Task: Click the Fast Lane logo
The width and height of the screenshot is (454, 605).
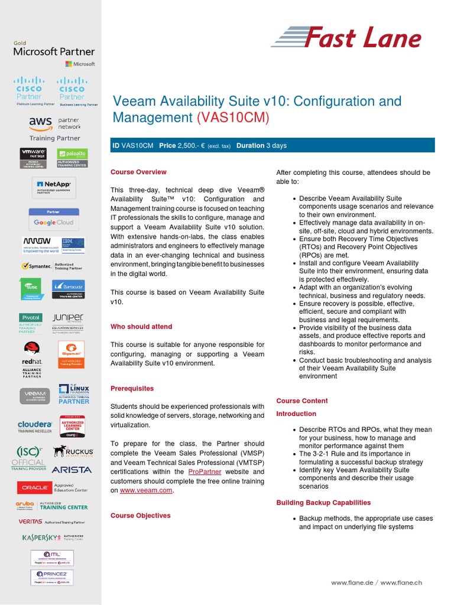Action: pyautogui.click(x=346, y=38)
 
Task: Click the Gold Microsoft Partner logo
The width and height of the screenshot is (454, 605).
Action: pyautogui.click(x=54, y=52)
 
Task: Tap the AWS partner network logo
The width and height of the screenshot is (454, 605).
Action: pyautogui.click(x=54, y=126)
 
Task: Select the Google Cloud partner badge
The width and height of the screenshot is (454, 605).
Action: pyautogui.click(x=54, y=219)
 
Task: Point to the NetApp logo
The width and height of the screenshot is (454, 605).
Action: pyautogui.click(x=54, y=187)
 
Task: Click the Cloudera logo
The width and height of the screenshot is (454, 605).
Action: pyautogui.click(x=34, y=427)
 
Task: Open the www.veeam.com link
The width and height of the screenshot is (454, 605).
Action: pyautogui.click(x=147, y=490)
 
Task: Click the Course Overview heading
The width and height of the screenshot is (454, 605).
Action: pyautogui.click(x=138, y=172)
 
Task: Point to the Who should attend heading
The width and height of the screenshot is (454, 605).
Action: pyautogui.click(x=141, y=326)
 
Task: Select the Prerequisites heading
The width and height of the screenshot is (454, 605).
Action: pyautogui.click(x=132, y=388)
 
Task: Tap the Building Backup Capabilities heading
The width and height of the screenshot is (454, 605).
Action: pyautogui.click(x=323, y=502)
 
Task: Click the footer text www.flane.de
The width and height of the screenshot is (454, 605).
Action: pyautogui.click(x=351, y=583)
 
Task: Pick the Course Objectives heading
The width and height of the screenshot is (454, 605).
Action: pyautogui.click(x=140, y=515)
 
